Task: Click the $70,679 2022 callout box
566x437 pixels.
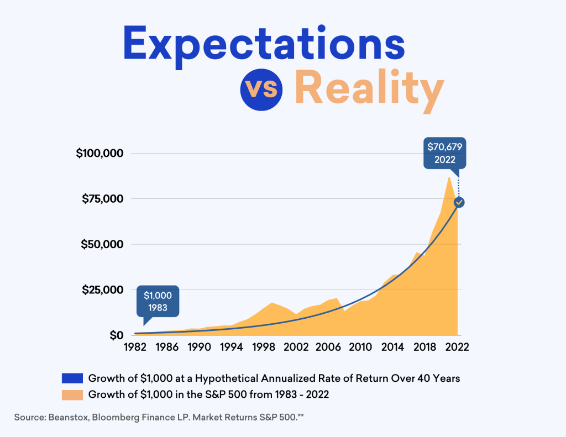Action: click(x=444, y=152)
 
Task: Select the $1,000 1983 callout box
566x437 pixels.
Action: click(x=158, y=302)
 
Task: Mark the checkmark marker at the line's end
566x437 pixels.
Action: click(x=458, y=202)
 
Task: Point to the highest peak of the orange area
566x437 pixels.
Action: click(x=449, y=178)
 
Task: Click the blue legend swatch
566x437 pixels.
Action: click(x=72, y=378)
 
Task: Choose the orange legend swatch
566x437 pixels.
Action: click(x=72, y=395)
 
